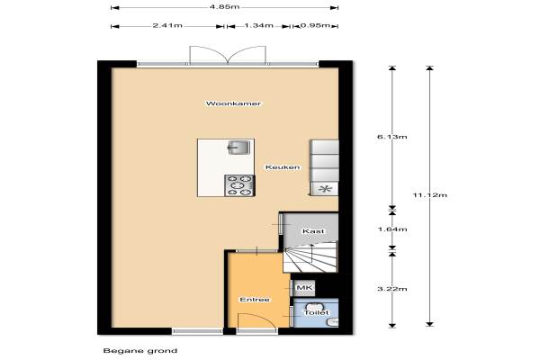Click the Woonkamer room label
tap(233, 103)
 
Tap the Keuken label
tap(283, 167)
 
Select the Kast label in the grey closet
tap(313, 231)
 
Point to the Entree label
tap(255, 300)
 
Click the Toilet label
tap(316, 313)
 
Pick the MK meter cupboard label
tap(305, 288)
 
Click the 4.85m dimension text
tap(224, 7)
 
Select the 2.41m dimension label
tap(167, 25)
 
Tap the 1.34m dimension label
tap(258, 25)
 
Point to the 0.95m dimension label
tap(315, 25)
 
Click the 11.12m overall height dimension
tap(430, 195)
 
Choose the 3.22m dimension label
tap(392, 289)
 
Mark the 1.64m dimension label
tap(392, 229)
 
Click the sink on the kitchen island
tap(238, 147)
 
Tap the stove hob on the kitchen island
tap(239, 185)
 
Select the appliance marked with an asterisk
tap(325, 189)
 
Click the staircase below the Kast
tap(310, 257)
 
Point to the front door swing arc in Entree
tap(262, 318)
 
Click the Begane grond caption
tap(140, 351)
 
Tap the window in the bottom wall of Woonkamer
tap(197, 331)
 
